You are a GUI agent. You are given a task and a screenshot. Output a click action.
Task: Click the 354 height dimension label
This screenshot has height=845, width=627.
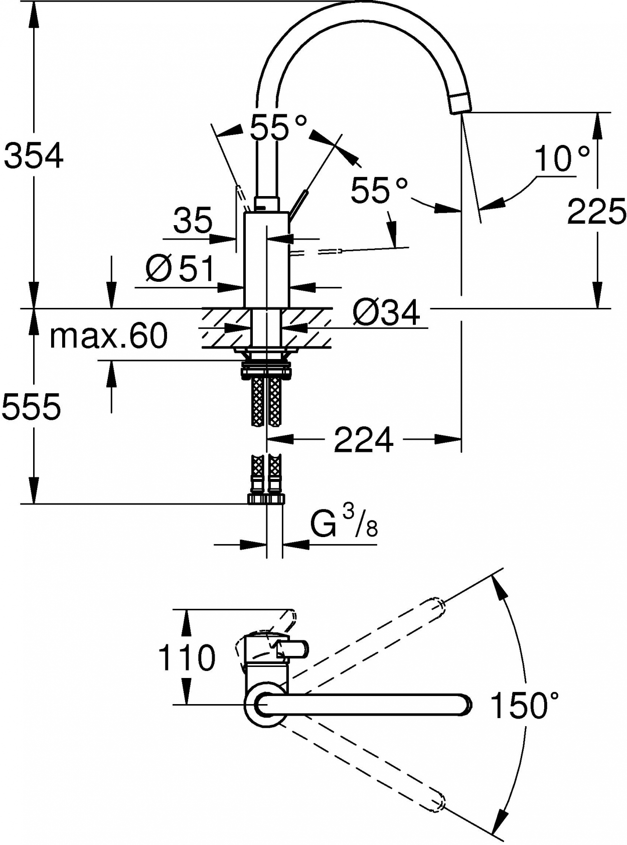coord(34,155)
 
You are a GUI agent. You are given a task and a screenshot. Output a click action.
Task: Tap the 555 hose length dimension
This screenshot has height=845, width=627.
coord(31,407)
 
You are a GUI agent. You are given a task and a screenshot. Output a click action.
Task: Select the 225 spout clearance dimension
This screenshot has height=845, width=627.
coord(596,212)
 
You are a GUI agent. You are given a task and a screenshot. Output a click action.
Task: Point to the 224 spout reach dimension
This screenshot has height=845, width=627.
coord(364,440)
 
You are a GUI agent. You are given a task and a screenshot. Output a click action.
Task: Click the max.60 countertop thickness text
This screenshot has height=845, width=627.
coord(109,335)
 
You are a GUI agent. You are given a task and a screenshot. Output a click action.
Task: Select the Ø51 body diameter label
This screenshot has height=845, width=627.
coord(180,268)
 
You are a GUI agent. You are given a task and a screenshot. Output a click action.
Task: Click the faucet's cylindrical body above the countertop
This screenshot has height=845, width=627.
coord(267,260)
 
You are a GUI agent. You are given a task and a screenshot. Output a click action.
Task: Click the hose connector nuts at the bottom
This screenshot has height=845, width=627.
coord(266,498)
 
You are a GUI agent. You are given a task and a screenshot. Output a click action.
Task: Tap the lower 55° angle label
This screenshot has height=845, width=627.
coord(379,190)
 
